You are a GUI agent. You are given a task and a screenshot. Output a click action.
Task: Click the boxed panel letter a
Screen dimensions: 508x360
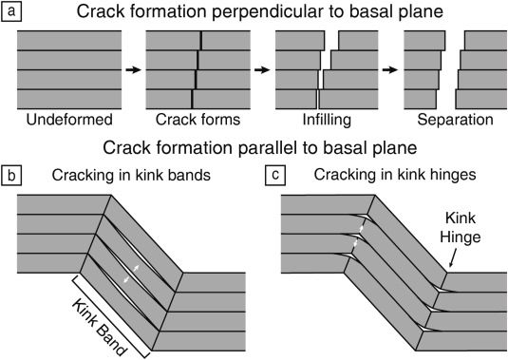(11, 11)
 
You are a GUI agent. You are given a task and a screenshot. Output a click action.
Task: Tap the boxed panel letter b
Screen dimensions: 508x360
(11, 176)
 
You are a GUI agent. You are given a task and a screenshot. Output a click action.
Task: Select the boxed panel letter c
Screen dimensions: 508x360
(275, 176)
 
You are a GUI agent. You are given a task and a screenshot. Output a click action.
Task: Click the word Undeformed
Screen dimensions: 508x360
(69, 120)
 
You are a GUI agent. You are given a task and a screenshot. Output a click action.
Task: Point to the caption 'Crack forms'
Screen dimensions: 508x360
(198, 120)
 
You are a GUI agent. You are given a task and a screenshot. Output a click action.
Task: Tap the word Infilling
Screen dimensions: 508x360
(327, 120)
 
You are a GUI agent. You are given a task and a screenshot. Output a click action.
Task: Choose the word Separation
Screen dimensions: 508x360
(455, 120)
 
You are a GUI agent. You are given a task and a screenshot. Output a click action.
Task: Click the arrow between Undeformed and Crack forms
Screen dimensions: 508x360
(134, 69)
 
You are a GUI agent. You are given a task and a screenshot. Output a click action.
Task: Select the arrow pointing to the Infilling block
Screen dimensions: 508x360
(262, 69)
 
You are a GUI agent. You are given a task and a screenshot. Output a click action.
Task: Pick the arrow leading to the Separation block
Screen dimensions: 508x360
(390, 69)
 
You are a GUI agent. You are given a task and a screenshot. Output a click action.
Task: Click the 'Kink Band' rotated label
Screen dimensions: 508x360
(99, 328)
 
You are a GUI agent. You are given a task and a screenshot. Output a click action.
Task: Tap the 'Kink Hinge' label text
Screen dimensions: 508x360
(461, 227)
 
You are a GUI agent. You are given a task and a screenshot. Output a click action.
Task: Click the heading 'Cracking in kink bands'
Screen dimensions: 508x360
(131, 176)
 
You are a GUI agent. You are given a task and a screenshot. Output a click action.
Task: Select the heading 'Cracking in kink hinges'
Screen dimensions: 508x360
(395, 175)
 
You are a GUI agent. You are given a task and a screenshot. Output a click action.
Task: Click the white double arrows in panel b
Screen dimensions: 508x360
(132, 275)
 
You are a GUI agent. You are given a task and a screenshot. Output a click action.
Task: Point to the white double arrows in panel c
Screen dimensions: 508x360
(358, 236)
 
